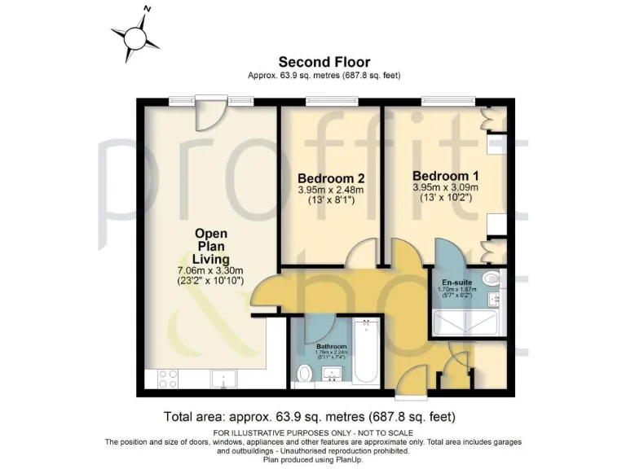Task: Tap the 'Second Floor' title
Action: (324, 62)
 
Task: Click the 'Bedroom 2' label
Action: (330, 178)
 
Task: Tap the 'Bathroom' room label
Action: (331, 346)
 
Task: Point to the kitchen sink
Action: (222, 378)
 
